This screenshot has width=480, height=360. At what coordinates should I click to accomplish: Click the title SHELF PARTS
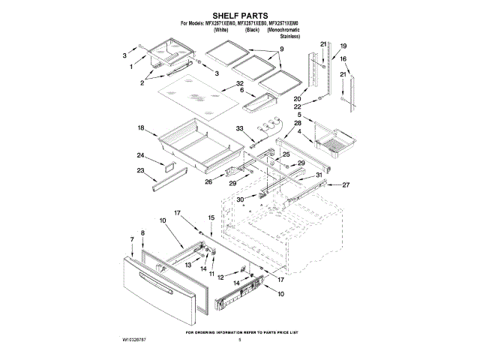(240, 14)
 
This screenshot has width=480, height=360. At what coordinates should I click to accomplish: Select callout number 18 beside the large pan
(140, 128)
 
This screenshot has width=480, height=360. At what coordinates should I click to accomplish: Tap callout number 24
(140, 155)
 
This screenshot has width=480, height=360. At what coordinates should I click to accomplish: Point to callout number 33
(241, 128)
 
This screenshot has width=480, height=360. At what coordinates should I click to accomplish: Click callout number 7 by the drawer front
(132, 240)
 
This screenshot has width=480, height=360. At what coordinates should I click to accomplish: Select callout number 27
(346, 184)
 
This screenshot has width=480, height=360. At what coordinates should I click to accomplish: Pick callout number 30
(241, 199)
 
